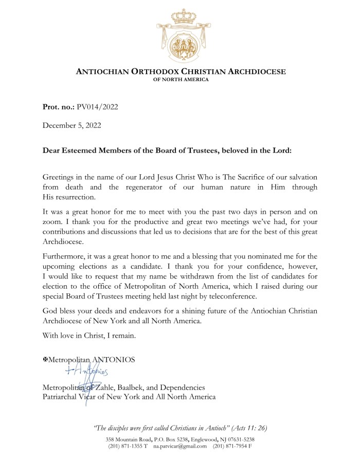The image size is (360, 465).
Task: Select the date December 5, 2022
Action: pyautogui.click(x=71, y=125)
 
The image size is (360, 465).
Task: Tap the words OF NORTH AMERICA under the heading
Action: pyautogui.click(x=181, y=80)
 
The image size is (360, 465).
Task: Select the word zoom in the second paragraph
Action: pyautogui.click(x=53, y=222)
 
